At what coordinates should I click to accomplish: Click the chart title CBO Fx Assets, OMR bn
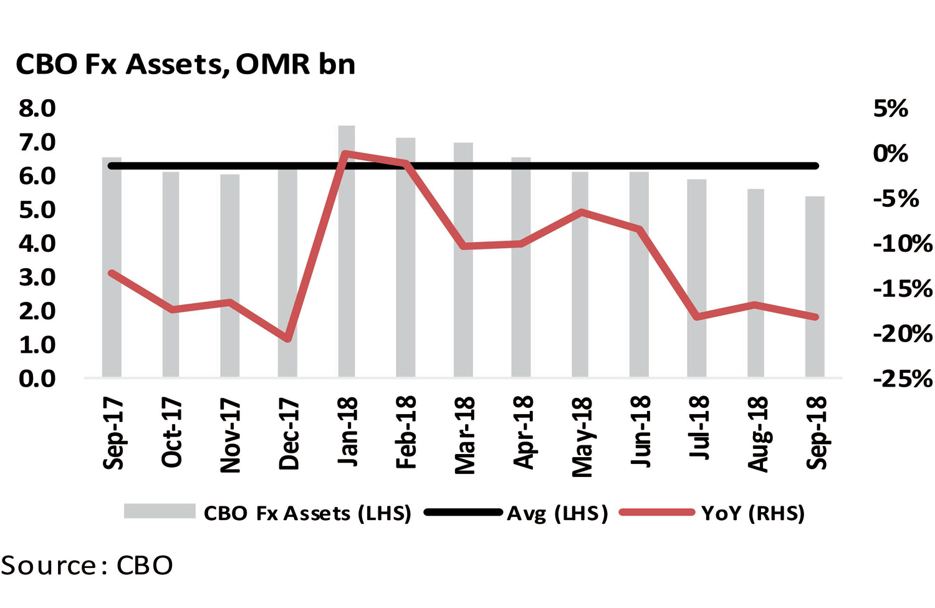pos(185,64)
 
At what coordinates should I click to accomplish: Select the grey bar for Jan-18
pos(347,262)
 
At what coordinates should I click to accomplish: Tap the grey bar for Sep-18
pos(815,293)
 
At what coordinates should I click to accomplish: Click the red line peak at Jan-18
pos(345,153)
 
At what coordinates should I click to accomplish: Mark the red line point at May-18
pos(581,212)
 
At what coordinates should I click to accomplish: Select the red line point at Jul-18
pos(698,317)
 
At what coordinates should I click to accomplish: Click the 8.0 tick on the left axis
pos(37,109)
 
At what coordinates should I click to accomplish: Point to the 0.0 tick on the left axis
pos(37,378)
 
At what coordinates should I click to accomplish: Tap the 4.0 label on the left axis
pos(37,243)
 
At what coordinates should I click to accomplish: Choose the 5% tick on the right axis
pos(890,109)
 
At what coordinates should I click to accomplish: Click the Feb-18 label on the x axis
pos(406,433)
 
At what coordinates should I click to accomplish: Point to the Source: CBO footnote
pos(87,565)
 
